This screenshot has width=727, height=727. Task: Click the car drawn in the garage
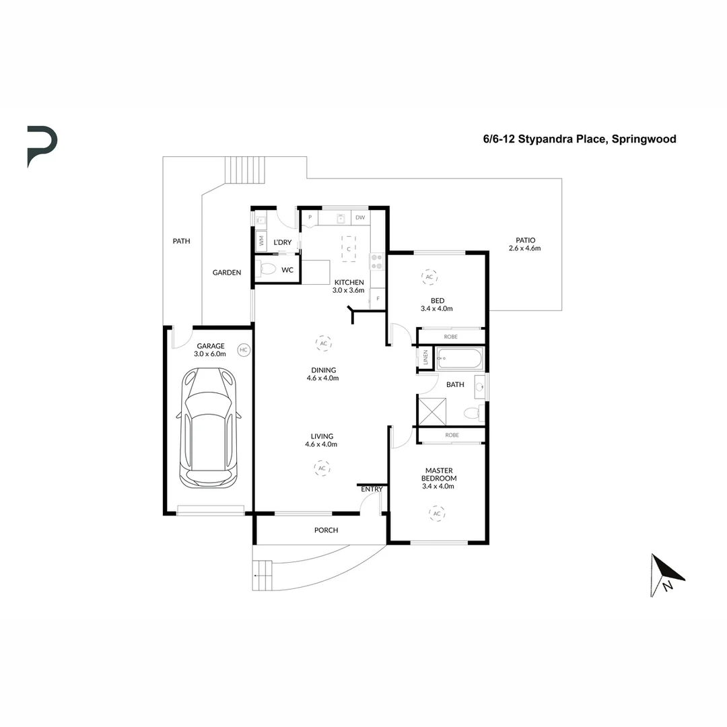209,427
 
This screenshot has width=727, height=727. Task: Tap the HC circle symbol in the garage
244,349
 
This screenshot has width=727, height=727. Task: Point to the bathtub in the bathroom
459,358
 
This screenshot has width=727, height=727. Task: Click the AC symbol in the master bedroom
436,514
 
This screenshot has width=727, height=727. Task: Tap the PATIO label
525,240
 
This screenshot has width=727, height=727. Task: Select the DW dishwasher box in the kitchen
360,217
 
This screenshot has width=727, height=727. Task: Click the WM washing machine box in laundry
261,240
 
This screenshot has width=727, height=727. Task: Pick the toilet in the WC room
267,270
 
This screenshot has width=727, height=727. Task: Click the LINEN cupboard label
425,358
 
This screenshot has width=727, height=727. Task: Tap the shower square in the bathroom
431,410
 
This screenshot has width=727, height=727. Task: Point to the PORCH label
326,530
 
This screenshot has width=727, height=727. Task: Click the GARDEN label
227,273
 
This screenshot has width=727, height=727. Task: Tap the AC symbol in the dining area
323,343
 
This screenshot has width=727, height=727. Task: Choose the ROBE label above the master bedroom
452,435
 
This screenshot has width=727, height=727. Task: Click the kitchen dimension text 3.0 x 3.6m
348,291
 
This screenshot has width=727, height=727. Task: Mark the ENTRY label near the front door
372,489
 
